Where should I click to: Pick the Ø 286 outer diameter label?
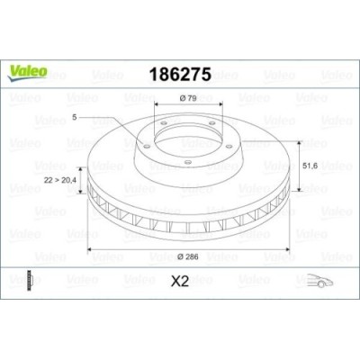coord(188,256)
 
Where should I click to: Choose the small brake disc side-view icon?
coord(30,280)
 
